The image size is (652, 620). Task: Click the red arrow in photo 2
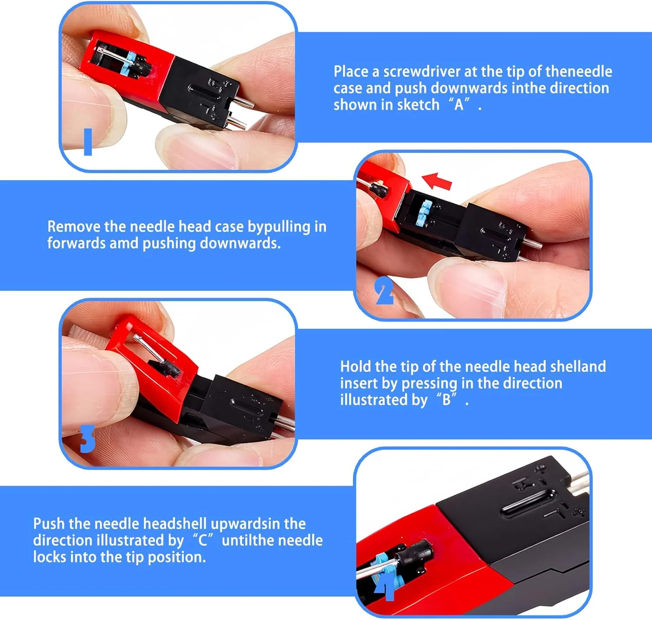coord(437,181)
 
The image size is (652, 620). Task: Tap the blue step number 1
coord(88,142)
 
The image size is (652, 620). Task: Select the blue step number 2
coord(384,291)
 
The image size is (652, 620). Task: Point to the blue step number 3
coord(87,439)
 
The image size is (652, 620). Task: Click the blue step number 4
coord(385,587)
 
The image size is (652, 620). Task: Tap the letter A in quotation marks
coord(459,105)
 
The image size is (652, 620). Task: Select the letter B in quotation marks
coord(446,400)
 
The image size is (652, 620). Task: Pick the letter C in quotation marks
coord(203,541)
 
